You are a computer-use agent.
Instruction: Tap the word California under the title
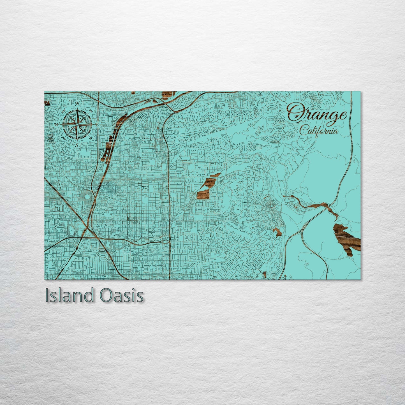(318, 131)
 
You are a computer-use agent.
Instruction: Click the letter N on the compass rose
(78, 104)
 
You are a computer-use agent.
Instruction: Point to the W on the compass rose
(57, 124)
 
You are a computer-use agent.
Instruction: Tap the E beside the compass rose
(97, 124)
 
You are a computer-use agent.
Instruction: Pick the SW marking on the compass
(64, 138)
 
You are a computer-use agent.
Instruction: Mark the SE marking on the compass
(91, 138)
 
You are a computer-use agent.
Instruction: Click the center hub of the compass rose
(77, 124)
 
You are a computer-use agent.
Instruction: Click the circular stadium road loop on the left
(88, 197)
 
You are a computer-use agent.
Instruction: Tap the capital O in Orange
(295, 113)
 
